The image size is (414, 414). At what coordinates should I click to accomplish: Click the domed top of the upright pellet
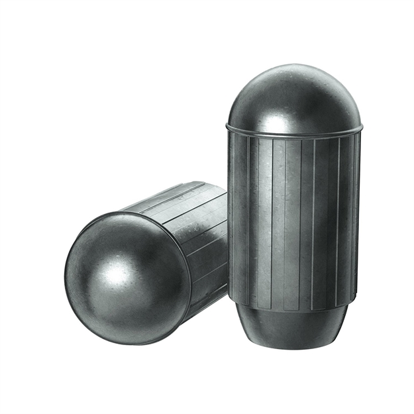tap(294, 96)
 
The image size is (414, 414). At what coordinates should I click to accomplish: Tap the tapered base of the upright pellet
tap(292, 328)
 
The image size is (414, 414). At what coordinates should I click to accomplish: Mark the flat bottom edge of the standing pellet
tap(292, 347)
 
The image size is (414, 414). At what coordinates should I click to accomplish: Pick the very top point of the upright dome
tap(294, 65)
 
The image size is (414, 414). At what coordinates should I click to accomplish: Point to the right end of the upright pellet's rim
tap(362, 126)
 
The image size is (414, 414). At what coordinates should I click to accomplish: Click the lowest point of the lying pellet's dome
tap(132, 344)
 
